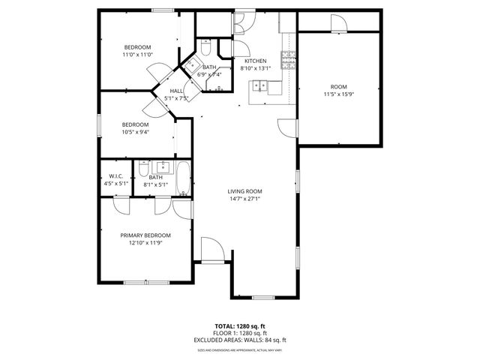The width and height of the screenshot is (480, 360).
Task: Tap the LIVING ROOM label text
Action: [244, 191]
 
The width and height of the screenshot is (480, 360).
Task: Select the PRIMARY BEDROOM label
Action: [146, 235]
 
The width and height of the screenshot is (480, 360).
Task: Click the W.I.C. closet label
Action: [115, 177]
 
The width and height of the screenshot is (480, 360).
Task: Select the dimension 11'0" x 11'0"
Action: [137, 54]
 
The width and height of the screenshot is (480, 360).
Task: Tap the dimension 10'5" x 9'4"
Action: [136, 132]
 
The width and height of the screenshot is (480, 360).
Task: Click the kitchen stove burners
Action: [286, 60]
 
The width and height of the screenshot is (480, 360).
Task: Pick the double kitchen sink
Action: [260, 85]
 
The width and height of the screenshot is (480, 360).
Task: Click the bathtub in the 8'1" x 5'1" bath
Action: [183, 181]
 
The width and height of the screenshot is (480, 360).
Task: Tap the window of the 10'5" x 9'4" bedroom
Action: [99, 125]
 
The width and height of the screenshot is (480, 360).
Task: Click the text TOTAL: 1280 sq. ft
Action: [240, 326]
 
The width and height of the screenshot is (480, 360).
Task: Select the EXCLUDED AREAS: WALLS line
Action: [240, 340]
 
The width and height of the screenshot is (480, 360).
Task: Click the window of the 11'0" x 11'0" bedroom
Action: [163, 10]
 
